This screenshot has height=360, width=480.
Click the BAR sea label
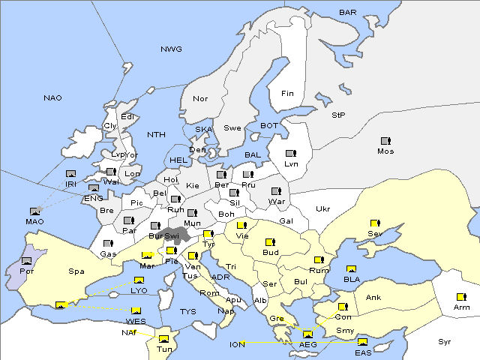[348, 12]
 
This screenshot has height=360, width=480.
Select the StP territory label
[338, 115]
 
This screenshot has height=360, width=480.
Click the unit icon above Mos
[385, 141]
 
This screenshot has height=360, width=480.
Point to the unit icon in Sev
[374, 223]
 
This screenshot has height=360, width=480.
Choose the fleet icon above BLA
[351, 268]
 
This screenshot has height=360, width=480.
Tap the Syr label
[445, 341]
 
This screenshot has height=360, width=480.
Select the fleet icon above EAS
[363, 343]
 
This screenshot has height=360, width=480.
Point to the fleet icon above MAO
[34, 211]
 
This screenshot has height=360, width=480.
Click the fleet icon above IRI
[70, 173]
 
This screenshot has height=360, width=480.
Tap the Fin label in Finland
[287, 94]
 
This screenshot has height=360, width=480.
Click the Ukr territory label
[322, 208]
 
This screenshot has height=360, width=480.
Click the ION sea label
[237, 344]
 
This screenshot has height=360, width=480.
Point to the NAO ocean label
[52, 98]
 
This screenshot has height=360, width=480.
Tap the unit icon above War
[276, 191]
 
